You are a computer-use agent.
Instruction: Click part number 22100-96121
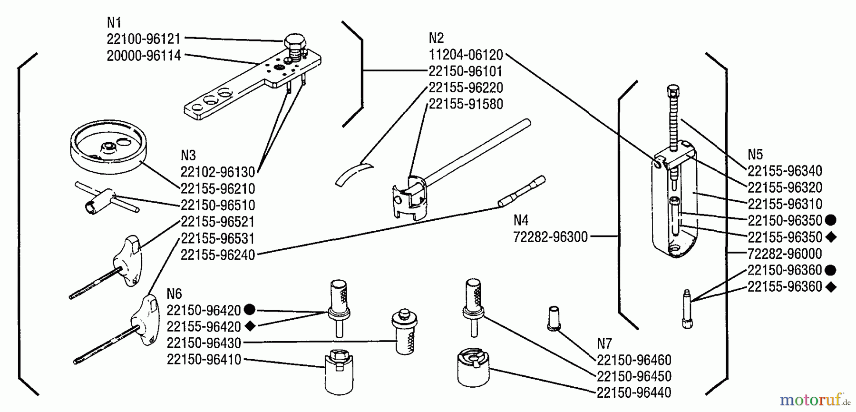click(x=143, y=39)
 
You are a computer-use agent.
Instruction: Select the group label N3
click(x=188, y=156)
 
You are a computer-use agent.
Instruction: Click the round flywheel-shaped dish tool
click(x=107, y=146)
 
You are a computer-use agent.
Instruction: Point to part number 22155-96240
click(x=217, y=255)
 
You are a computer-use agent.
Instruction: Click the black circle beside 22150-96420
click(x=249, y=310)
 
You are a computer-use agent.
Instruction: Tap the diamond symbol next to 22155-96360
click(x=831, y=287)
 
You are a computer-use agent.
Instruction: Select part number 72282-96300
click(x=550, y=236)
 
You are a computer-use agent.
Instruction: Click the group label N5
click(x=755, y=155)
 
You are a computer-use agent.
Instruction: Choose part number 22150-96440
click(x=633, y=392)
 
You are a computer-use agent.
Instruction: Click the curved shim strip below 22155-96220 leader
click(x=354, y=174)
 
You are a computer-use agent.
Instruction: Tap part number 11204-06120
click(x=466, y=55)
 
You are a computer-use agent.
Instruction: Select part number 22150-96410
click(x=204, y=359)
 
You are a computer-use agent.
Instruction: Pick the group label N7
click(x=604, y=343)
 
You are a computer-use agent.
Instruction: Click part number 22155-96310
click(x=785, y=204)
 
